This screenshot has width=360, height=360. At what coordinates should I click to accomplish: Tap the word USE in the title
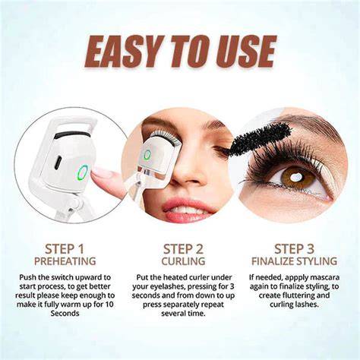244,52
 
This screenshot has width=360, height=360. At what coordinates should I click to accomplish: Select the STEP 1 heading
65,249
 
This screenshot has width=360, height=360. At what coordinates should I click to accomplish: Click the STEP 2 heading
183,249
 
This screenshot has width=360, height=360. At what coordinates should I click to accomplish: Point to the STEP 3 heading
294,249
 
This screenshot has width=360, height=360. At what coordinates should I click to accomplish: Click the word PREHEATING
65,261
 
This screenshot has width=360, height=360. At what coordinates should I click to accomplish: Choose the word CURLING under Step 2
183,261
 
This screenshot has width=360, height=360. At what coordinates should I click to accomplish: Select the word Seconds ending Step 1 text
65,314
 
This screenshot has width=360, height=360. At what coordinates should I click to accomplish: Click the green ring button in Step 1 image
82,172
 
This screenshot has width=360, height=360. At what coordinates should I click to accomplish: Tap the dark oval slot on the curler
58,163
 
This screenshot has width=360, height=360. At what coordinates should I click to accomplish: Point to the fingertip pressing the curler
97,174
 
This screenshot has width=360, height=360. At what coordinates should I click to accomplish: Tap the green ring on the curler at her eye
147,154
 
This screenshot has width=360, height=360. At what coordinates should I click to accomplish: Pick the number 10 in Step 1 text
109,305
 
